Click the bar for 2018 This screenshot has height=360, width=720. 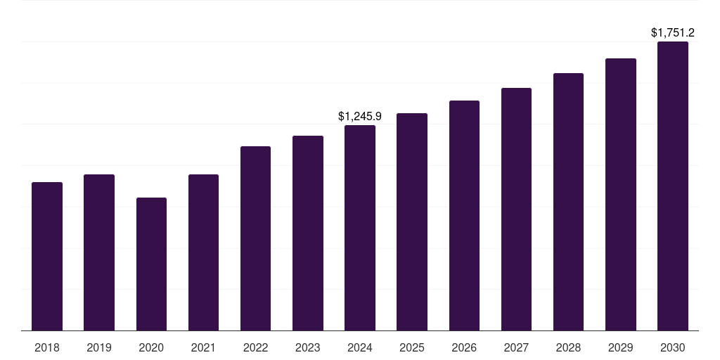coord(47,257)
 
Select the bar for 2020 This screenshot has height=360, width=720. coord(151,264)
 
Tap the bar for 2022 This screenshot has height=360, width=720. coord(255,238)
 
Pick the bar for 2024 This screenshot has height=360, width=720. coord(360,228)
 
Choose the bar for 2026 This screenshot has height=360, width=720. coord(464,216)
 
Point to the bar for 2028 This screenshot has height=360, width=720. coord(568,202)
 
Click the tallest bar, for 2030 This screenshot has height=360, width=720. coord(673,186)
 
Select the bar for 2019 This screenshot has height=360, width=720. coord(99,252)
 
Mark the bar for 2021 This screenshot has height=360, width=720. coord(203,252)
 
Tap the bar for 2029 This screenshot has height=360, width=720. coord(621,195)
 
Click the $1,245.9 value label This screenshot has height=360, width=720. coord(360,115)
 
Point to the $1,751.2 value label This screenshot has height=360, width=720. coord(673,32)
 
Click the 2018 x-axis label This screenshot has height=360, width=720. coord(47,347)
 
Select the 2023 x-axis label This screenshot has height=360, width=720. coord(308,347)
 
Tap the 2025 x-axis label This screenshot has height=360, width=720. coord(412,347)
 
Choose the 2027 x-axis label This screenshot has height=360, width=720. coord(516,347)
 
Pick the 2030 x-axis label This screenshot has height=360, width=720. coord(673,347)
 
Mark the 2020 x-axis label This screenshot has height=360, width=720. coord(151,347)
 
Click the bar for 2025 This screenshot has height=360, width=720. coord(412,222)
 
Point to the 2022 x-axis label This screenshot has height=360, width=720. coord(255,347)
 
